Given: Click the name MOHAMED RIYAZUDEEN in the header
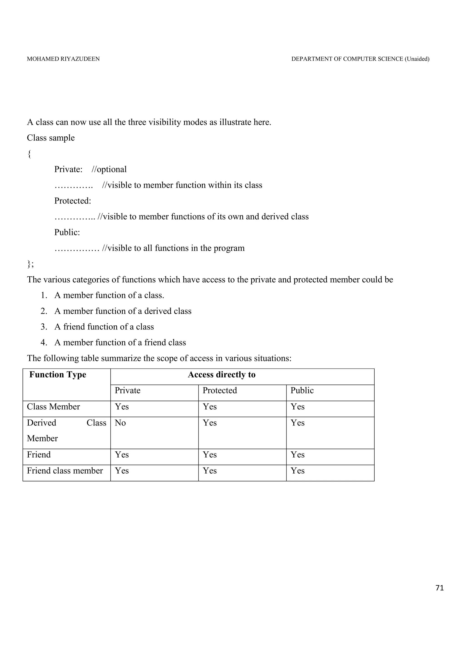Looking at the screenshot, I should click(x=63, y=59).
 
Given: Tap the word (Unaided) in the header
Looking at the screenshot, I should click(x=417, y=59).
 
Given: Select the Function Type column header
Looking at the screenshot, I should click(x=58, y=375).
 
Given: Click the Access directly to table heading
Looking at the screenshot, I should click(x=221, y=375).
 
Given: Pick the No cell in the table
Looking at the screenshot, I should click(x=120, y=423).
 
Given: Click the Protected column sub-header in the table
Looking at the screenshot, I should click(x=220, y=391).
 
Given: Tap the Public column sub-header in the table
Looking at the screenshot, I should click(x=302, y=391).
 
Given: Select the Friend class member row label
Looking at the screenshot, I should click(x=65, y=471).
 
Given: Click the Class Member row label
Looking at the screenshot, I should click(x=53, y=407).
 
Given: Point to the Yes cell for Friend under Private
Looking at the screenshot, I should click(x=122, y=455).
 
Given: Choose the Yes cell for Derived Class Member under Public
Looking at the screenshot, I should click(x=297, y=423).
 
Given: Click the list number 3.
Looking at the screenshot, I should click(x=44, y=327).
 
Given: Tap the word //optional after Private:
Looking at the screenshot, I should click(x=109, y=169).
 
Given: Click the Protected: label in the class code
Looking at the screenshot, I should click(x=72, y=201).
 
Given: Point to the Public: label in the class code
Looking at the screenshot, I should click(x=67, y=233).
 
